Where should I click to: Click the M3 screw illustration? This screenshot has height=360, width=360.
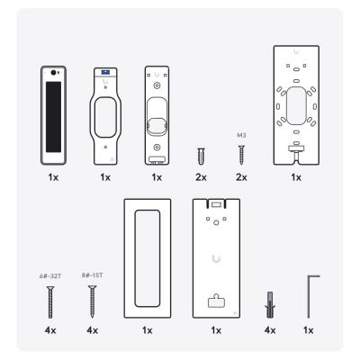pyautogui.click(x=241, y=155)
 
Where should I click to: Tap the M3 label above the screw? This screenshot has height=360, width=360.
pyautogui.click(x=241, y=135)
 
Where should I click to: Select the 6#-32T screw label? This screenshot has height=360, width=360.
pyautogui.click(x=50, y=275)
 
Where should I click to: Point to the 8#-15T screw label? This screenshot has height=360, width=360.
pyautogui.click(x=92, y=275)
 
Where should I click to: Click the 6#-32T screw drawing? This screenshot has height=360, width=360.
pyautogui.click(x=50, y=302)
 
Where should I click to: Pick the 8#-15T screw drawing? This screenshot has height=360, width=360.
pyautogui.click(x=92, y=301)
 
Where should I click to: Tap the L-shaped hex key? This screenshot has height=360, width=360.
pyautogui.click(x=309, y=295)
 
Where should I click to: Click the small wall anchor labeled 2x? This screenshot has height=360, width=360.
pyautogui.click(x=201, y=156)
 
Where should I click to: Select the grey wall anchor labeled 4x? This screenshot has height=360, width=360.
pyautogui.click(x=270, y=304)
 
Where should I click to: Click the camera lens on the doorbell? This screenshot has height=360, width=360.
pyautogui.click(x=53, y=73)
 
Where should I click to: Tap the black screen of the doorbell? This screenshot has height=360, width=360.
pyautogui.click(x=53, y=117)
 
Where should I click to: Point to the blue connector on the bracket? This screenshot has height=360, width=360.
pyautogui.click(x=105, y=72)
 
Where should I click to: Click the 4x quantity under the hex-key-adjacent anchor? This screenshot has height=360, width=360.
pyautogui.click(x=270, y=330)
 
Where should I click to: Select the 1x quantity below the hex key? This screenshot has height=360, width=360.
pyautogui.click(x=309, y=330)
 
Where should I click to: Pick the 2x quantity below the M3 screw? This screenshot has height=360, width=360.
pyautogui.click(x=241, y=177)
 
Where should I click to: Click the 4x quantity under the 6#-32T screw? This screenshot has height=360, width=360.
pyautogui.click(x=50, y=330)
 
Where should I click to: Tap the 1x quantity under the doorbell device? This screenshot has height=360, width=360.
pyautogui.click(x=53, y=177)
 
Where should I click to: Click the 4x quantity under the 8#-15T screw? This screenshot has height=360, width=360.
pyautogui.click(x=93, y=330)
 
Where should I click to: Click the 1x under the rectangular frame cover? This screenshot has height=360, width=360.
pyautogui.click(x=148, y=330)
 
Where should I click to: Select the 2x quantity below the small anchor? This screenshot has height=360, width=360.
pyautogui.click(x=201, y=177)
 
